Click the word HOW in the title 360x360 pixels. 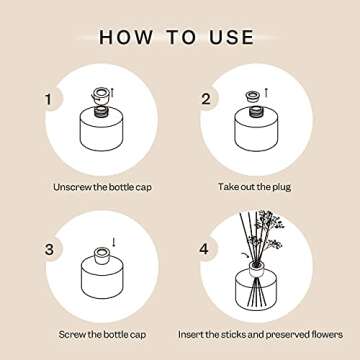(129, 37)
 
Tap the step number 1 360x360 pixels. (46, 99)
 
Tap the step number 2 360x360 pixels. (206, 99)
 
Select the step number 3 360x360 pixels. (46, 248)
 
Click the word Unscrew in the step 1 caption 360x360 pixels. (72, 186)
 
